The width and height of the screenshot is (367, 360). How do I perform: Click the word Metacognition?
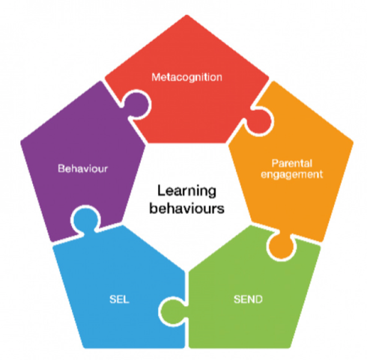186,77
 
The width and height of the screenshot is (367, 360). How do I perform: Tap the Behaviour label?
83,168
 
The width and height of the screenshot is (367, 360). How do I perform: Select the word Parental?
292,163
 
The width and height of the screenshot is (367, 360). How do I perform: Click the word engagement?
292,174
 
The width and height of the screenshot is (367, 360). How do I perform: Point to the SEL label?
119,299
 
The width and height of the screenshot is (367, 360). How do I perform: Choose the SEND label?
248,299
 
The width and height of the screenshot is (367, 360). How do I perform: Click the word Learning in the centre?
186,192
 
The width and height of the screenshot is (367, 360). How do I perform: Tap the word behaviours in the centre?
186,208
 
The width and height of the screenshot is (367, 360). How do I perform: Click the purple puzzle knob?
136,104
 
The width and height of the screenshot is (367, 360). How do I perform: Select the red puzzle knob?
259,122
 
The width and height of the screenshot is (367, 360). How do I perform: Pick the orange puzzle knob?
281,245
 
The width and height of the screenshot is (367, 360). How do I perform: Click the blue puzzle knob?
85,219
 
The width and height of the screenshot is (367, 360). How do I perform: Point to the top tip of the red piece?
186,15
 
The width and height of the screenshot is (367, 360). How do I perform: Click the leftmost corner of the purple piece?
21,142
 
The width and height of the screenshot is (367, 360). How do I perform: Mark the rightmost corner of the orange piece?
353,142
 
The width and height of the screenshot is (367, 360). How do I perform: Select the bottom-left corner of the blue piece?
85,347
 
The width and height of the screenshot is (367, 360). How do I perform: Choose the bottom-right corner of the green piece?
289,347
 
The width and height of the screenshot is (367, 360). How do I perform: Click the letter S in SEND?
237,299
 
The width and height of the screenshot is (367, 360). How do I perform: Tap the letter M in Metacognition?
156,77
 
